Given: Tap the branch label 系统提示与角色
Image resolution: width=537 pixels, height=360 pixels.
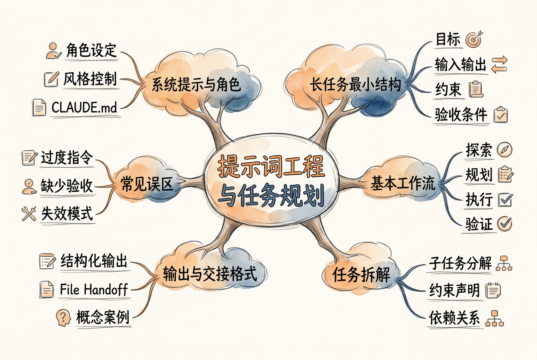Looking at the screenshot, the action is pos(196,84).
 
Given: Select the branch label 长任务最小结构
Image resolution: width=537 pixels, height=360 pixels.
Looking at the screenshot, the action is pos(356,84).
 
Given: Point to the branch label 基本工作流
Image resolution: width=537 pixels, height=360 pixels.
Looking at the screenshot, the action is pos(403,183).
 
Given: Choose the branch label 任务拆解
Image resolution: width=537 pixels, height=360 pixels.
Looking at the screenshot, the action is pos(361,275).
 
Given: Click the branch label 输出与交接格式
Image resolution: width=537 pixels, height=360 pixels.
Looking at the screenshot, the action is pos(210,274).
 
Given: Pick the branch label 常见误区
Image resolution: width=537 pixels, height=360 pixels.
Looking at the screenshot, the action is pos(147,184).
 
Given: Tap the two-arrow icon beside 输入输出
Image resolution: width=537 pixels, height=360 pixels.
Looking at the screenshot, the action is pos(499,65).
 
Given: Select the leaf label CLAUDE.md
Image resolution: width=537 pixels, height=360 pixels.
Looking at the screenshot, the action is pos(85,107).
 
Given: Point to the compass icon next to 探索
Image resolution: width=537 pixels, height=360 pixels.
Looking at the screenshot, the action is pos(504,150).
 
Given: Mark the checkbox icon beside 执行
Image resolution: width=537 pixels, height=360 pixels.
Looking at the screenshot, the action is pos(505,200).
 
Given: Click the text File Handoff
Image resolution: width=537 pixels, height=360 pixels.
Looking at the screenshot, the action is pos(94,290).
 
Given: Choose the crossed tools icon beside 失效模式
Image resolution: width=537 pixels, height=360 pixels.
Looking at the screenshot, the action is pos(29,214).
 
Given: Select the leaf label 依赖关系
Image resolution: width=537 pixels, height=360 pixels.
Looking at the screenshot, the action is pos(454,318).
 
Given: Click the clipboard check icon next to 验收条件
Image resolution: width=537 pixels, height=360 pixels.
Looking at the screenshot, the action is pos(500,115).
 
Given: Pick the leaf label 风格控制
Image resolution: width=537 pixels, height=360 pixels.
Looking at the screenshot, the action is pos(90,79).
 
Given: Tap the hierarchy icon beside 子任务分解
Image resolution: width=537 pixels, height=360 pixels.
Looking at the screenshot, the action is pos(504,263).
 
